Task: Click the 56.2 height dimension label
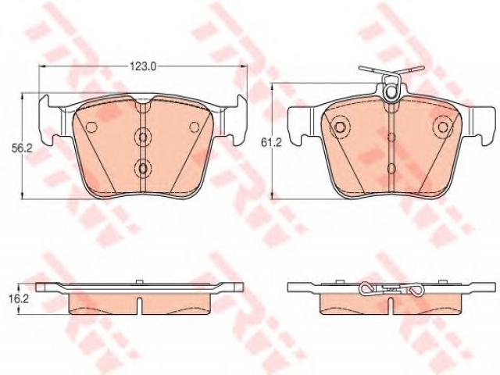pyautogui.click(x=23, y=148)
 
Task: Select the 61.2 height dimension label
pyautogui.click(x=271, y=143)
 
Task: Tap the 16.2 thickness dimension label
pyautogui.click(x=20, y=298)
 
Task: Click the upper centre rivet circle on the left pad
pyautogui.click(x=143, y=137)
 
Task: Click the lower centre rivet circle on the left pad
pyautogui.click(x=143, y=167)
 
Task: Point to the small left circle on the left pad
pyautogui.click(x=91, y=127)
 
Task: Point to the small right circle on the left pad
pyautogui.click(x=195, y=127)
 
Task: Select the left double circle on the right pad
pyautogui.click(x=340, y=127)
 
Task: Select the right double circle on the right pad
pyautogui.click(x=443, y=127)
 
